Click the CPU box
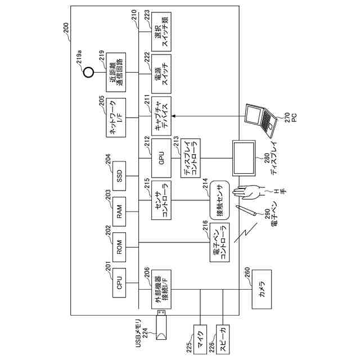click(x=119, y=282)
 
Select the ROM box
click(x=119, y=247)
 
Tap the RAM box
click(x=119, y=211)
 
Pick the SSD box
click(x=119, y=176)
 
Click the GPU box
click(x=161, y=158)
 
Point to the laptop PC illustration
click(x=261, y=120)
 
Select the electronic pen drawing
click(x=246, y=210)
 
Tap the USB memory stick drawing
click(x=161, y=325)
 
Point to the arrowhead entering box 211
click(x=174, y=116)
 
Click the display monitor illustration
click(x=244, y=158)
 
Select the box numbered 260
click(x=262, y=289)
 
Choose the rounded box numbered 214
click(x=219, y=200)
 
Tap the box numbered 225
click(x=200, y=339)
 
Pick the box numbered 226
click(x=223, y=339)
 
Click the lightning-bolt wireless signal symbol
click(x=246, y=232)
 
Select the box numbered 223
click(x=161, y=31)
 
